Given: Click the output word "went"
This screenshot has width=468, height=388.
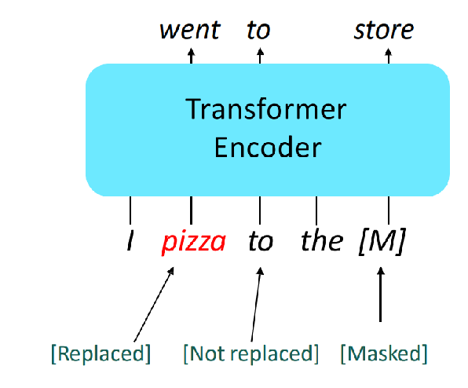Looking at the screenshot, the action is pyautogui.click(x=190, y=30).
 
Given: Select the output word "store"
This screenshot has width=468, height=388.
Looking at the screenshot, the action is pyautogui.click(x=383, y=30).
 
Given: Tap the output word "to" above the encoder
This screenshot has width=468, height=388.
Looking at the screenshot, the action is pyautogui.click(x=258, y=30).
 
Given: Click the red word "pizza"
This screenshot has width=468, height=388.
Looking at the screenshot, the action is pyautogui.click(x=193, y=243).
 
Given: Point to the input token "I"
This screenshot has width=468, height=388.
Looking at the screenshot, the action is pyautogui.click(x=130, y=240).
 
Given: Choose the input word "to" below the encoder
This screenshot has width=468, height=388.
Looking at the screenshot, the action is pyautogui.click(x=261, y=241).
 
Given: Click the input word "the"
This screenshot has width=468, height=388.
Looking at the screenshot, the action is pyautogui.click(x=322, y=240).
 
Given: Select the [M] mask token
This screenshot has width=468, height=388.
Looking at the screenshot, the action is pyautogui.click(x=382, y=241).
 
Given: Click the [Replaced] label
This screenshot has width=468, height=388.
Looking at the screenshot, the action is pyautogui.click(x=101, y=353).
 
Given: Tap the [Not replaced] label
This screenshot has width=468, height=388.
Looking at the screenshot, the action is pyautogui.click(x=251, y=353).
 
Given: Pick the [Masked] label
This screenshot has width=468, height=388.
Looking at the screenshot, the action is pyautogui.click(x=384, y=353).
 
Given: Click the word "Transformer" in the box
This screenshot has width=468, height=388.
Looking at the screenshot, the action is pyautogui.click(x=265, y=109).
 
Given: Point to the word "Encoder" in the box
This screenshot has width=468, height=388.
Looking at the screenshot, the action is pyautogui.click(x=268, y=148).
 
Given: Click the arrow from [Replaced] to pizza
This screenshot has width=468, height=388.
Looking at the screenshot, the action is pyautogui.click(x=154, y=305).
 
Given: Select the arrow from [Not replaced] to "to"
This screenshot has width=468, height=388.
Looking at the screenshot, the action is pyautogui.click(x=256, y=305).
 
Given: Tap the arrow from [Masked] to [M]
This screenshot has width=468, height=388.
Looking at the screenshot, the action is pyautogui.click(x=380, y=295).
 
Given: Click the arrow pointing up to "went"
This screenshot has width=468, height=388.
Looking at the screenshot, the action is pyautogui.click(x=191, y=56).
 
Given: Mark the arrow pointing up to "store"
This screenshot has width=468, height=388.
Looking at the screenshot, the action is pyautogui.click(x=389, y=56).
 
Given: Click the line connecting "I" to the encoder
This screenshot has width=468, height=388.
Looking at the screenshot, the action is pyautogui.click(x=130, y=210).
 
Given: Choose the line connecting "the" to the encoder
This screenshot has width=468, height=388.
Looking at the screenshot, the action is pyautogui.click(x=316, y=210).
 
